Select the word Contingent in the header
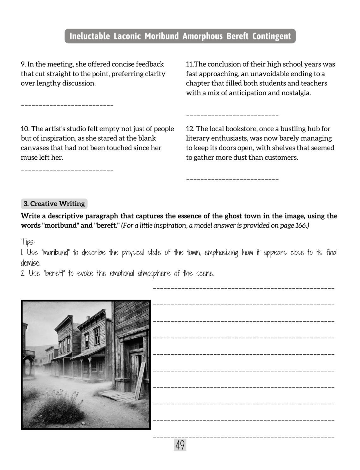(271, 36)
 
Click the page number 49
(180, 445)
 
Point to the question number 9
(23, 64)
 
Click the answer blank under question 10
(67, 170)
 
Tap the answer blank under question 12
(232, 180)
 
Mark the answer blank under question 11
(232, 115)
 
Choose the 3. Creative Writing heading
(54, 204)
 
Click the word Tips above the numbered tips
(27, 242)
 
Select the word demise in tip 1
(30, 263)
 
